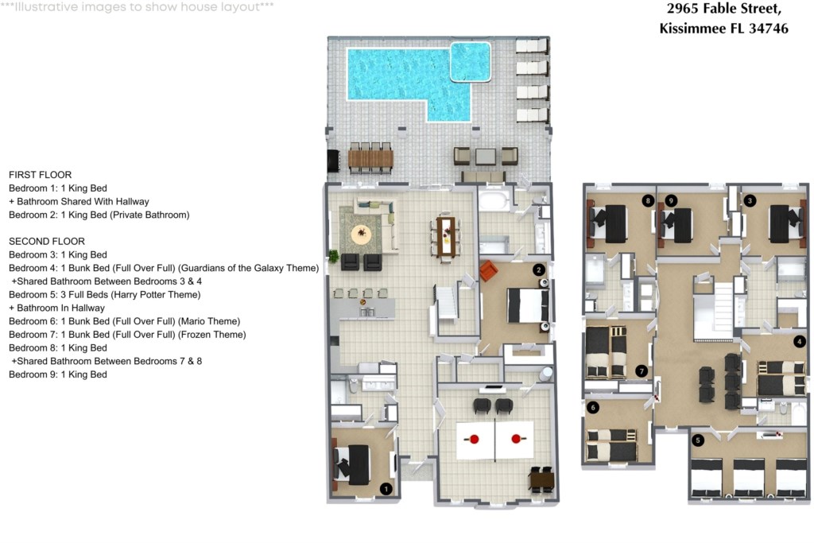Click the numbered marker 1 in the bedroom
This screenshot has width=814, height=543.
[386, 488]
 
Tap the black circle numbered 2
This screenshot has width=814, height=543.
[539, 270]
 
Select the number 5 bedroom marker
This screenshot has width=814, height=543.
[698, 440]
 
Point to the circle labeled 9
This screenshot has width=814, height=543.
[671, 200]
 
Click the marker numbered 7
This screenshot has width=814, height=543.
[642, 371]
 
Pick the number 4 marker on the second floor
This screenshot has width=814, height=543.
[799, 341]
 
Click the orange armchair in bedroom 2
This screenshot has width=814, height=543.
[488, 270]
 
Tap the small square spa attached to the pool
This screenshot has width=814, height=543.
[470, 62]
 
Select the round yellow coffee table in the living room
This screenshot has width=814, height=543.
[362, 234]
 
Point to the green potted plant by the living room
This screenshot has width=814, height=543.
[333, 255]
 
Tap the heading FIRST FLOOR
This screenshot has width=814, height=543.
[41, 175]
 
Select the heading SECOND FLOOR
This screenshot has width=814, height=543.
[47, 242]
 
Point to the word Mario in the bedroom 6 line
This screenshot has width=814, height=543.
[193, 321]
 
